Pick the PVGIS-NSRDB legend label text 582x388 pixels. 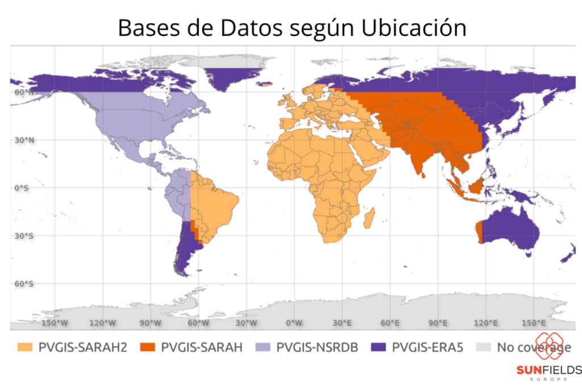(x=317, y=347)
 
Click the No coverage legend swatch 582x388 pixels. (x=484, y=347)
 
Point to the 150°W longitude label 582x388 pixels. (x=56, y=323)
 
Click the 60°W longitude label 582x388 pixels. (x=198, y=323)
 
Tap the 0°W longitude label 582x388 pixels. (x=294, y=323)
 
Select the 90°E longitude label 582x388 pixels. (x=438, y=323)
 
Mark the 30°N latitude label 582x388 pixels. (x=23, y=139)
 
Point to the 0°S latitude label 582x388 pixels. (x=21, y=187)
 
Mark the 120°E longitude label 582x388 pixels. (x=485, y=323)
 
